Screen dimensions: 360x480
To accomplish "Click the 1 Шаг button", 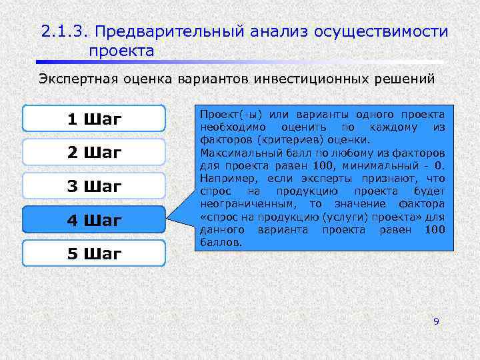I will [x=93, y=119].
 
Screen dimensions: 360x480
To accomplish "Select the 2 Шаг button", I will [x=93, y=153].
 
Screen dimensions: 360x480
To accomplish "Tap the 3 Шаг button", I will [x=93, y=186].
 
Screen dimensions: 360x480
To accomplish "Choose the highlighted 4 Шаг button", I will [x=93, y=220].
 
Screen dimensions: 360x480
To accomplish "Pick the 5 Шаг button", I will [x=93, y=253].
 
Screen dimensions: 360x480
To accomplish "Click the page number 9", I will [x=436, y=321].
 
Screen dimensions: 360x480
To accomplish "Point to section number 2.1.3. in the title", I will [x=63, y=31].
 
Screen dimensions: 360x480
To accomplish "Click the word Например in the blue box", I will [x=223, y=178].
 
